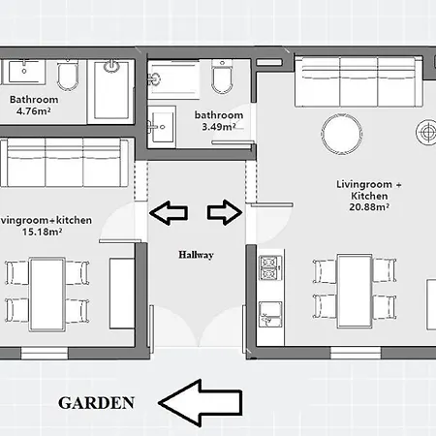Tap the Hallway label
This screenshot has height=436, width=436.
click(x=195, y=255)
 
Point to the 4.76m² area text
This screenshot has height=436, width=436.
click(x=34, y=111)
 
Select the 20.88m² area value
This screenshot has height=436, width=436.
click(x=362, y=206)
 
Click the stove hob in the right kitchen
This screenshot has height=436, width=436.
click(x=268, y=265)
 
